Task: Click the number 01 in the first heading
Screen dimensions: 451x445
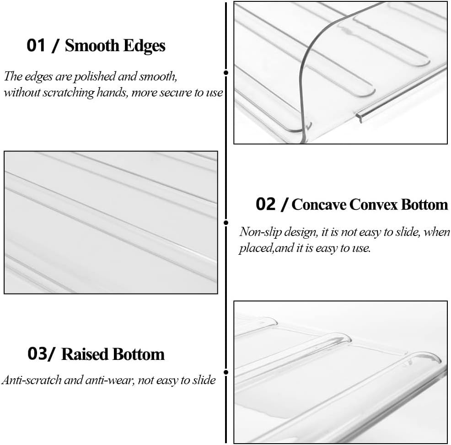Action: click(36, 45)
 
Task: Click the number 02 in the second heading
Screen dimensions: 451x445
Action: click(265, 204)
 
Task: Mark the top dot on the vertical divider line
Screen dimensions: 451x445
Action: click(226, 72)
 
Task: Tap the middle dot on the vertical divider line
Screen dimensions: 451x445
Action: click(226, 223)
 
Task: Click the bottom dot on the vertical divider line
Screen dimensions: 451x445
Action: click(226, 372)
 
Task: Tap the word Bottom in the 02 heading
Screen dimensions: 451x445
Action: click(424, 204)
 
